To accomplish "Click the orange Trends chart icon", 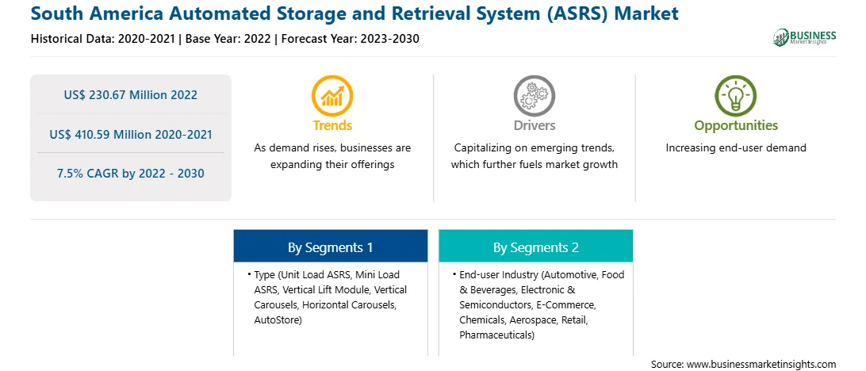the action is point(332,96).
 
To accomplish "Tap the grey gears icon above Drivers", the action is point(534,96).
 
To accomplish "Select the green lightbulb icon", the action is point(736,96).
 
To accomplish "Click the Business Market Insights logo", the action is point(804,37).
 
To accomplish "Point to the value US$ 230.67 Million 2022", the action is point(130,95).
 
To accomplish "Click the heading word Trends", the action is point(332,125).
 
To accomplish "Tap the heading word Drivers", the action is point(534,125).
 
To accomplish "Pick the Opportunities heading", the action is point(736,126).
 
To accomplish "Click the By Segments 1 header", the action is point(330,247).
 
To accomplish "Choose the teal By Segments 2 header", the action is point(536,247).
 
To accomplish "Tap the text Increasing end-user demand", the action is point(736,148).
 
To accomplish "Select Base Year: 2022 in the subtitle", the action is point(228,39).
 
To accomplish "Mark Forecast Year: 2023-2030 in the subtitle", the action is point(348,39).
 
